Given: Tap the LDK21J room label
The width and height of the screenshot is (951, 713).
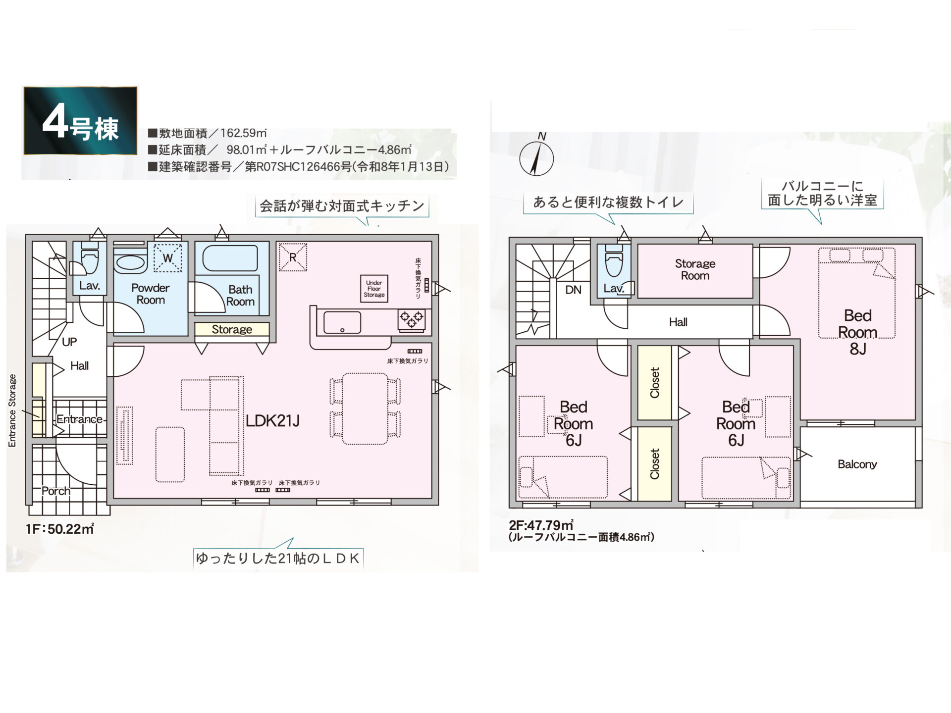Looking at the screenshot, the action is (x=272, y=421).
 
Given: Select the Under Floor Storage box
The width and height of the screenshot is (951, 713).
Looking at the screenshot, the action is (x=374, y=289).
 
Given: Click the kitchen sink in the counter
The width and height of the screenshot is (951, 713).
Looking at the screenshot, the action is (x=342, y=323).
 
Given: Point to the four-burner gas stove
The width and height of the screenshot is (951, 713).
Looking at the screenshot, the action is (x=412, y=319).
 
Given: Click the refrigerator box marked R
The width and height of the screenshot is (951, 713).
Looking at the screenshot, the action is (x=293, y=257).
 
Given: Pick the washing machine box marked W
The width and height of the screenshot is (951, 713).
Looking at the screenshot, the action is (x=167, y=258).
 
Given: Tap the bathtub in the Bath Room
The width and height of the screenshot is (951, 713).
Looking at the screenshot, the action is (x=230, y=258).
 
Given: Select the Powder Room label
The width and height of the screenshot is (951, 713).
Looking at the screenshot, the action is (x=151, y=294).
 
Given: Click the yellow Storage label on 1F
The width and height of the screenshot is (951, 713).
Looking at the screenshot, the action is (x=232, y=329).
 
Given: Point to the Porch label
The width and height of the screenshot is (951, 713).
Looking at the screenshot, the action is (x=56, y=491).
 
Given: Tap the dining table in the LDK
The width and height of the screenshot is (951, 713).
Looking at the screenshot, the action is (x=366, y=408).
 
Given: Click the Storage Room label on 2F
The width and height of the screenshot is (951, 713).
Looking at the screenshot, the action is (x=695, y=269).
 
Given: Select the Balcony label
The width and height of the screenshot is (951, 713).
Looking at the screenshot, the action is (x=857, y=464).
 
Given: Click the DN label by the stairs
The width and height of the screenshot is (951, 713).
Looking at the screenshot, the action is (x=573, y=290).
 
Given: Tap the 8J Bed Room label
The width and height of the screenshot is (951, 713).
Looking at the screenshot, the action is (x=858, y=332).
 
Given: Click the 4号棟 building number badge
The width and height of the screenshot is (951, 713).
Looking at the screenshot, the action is (x=80, y=121).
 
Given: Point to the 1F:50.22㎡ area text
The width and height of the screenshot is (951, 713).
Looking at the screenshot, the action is (x=60, y=529).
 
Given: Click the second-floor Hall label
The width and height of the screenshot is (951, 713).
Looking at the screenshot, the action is (x=678, y=322).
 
